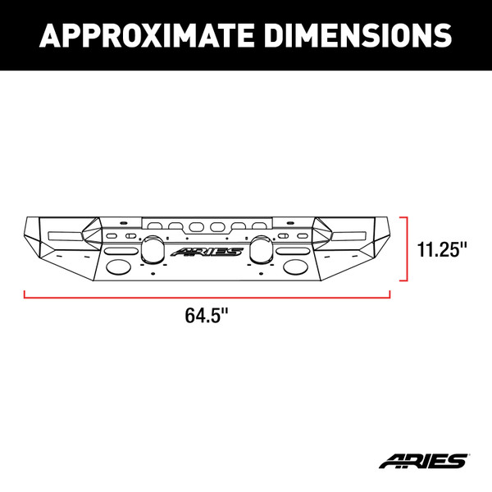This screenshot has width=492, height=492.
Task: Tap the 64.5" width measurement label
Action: pos(207,315)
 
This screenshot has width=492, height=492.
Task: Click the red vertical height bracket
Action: pos(406,248)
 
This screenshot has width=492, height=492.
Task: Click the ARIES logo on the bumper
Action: pos(207,252)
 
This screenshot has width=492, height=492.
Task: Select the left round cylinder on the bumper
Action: pos(153,248)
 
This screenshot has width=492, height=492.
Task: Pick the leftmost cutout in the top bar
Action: pos(154,225)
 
